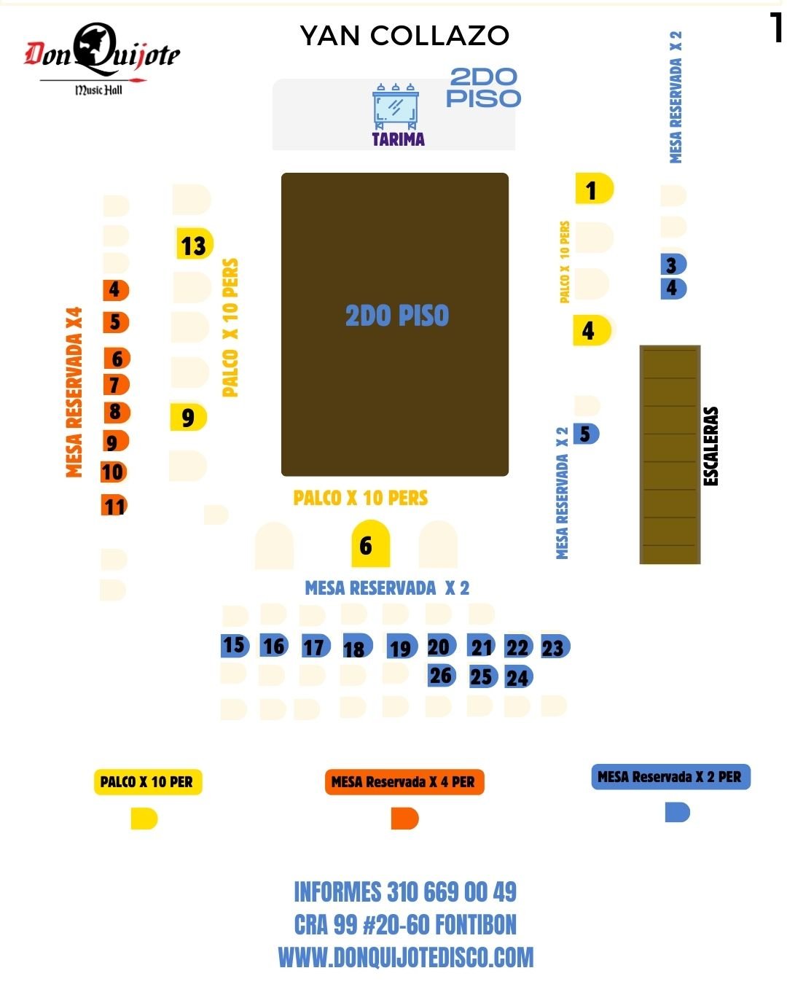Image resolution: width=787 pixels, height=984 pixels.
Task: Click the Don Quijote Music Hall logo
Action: tap(101, 58)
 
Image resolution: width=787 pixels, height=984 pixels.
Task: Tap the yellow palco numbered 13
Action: tap(195, 243)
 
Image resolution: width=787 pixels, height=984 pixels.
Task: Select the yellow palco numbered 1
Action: tap(594, 188)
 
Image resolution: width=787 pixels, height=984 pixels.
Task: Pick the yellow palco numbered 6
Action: tap(370, 544)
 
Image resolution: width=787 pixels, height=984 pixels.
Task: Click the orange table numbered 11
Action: tap(114, 505)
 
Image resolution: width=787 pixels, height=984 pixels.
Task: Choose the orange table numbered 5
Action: tap(116, 322)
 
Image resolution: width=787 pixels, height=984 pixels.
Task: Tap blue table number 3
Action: tap(673, 265)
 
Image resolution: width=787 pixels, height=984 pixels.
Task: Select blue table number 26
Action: tap(442, 676)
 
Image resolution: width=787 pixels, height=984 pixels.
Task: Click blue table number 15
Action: tap(235, 646)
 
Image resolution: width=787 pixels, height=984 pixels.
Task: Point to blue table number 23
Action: tap(555, 647)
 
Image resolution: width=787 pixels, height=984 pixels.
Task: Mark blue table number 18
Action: tap(358, 647)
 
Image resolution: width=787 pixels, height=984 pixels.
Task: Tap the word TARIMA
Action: tap(398, 139)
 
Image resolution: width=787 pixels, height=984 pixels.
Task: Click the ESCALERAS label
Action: tap(710, 446)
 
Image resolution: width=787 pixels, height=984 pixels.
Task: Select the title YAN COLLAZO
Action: tap(404, 35)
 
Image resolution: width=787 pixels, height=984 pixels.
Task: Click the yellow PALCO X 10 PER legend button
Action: tap(148, 782)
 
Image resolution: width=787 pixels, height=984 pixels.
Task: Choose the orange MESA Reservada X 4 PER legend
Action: tap(404, 782)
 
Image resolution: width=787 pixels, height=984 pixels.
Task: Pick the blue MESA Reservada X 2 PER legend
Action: tap(671, 776)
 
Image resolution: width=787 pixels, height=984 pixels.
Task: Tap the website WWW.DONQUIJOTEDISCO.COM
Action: tap(406, 957)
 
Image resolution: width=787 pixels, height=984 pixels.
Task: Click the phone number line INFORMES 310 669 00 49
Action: tap(405, 891)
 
